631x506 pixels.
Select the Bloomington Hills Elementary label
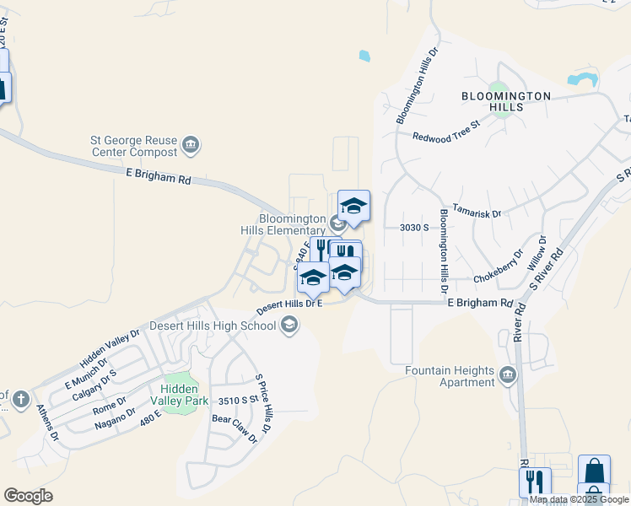pyautogui.click(x=292, y=224)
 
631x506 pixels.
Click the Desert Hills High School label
pyautogui.click(x=213, y=326)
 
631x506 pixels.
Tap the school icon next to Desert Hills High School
pyautogui.click(x=289, y=326)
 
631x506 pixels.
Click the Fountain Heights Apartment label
pyautogui.click(x=450, y=376)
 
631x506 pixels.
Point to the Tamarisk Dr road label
pyautogui.click(x=477, y=209)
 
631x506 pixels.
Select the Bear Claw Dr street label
pyautogui.click(x=235, y=428)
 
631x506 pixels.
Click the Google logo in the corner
pyautogui.click(x=28, y=496)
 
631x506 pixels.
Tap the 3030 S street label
pyautogui.click(x=414, y=227)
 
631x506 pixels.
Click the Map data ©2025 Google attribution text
pyautogui.click(x=580, y=499)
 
